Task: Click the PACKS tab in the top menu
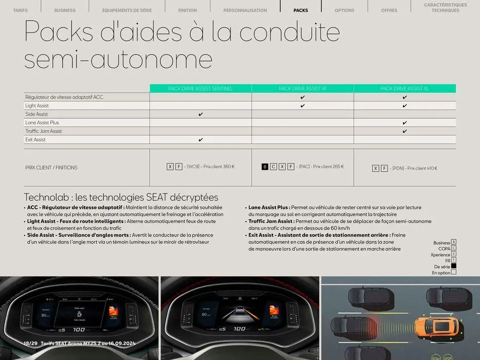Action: point(300,10)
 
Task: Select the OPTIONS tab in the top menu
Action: point(344,10)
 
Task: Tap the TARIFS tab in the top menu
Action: point(20,10)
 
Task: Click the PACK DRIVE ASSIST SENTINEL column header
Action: point(201,88)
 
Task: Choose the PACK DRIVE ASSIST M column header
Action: point(303,88)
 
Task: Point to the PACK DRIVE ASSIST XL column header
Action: point(404,88)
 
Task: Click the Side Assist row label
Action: point(37,114)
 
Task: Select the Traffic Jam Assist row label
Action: point(43,131)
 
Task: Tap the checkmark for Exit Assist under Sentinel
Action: point(201,140)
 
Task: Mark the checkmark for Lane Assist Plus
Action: point(405,123)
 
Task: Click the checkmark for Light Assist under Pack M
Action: point(303,106)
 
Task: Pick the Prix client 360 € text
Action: point(219,167)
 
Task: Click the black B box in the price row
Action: point(265,167)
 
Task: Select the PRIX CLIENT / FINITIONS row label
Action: point(51,168)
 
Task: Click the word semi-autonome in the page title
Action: point(118,59)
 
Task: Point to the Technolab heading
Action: point(121,197)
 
